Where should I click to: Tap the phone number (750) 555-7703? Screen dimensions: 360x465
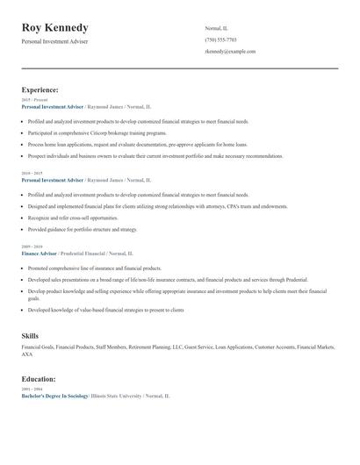point(220,39)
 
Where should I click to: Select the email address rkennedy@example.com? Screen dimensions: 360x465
point(230,52)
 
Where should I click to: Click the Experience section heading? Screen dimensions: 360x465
point(40,89)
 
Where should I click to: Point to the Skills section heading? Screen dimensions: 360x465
point(30,336)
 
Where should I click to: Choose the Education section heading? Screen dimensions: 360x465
point(39,379)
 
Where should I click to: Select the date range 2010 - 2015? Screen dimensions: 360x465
point(31,174)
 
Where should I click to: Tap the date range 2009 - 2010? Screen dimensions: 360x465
point(31,247)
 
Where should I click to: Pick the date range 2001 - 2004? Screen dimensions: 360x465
point(31,390)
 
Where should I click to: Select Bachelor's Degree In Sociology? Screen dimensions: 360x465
point(54,396)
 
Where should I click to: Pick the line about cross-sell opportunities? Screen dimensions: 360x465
point(73,218)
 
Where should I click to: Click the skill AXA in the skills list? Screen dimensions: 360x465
point(26,354)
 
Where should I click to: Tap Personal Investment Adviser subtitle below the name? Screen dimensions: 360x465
point(54,41)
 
